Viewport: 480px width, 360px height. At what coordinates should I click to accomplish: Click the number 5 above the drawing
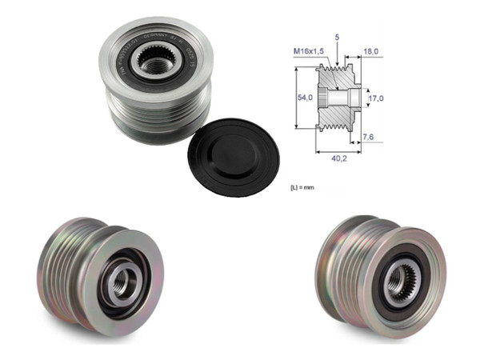pos(338,38)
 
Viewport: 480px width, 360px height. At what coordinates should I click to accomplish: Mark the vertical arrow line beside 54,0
pos(298,98)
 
